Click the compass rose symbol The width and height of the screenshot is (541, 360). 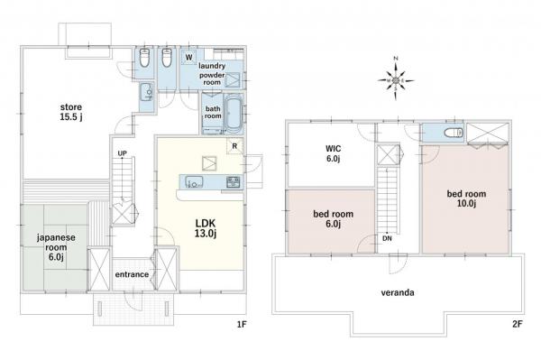pos(396,81)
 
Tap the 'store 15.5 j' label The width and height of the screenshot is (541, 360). pos(71,112)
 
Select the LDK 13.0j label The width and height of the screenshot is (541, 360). pos(206,228)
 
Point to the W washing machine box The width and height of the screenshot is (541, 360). pos(188,57)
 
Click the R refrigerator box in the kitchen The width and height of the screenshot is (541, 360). pos(235,146)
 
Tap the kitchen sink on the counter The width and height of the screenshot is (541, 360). pos(194,181)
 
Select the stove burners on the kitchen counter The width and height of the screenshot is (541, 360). pos(234,182)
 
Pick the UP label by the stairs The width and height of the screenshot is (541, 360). pos(122,153)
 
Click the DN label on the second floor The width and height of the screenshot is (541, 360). pos(387,238)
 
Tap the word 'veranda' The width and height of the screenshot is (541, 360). pos(398,292)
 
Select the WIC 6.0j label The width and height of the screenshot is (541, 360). pos(333,153)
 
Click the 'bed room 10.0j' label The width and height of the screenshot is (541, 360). pos(466,198)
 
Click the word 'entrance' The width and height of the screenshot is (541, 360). pos(132,274)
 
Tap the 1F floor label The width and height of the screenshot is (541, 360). pos(242,324)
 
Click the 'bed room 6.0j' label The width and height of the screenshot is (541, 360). pos(334,219)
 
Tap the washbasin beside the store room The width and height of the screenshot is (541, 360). pos(147,93)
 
